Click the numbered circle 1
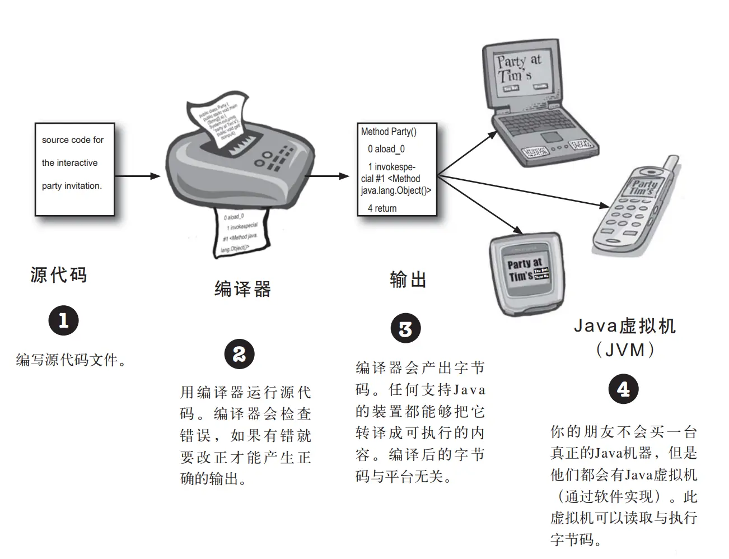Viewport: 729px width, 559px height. click(63, 320)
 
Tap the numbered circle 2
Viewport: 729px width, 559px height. click(239, 354)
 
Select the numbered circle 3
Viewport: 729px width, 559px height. click(405, 329)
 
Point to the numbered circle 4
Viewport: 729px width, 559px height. click(623, 389)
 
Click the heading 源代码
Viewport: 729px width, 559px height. click(59, 275)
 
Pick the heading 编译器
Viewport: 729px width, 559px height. click(242, 289)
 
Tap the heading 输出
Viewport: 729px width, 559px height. click(408, 279)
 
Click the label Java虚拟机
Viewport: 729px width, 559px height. click(625, 325)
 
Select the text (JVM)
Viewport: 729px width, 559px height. click(625, 350)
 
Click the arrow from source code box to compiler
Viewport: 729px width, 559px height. click(138, 176)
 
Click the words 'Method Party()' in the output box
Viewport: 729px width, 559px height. click(389, 132)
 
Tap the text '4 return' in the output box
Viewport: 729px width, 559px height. click(382, 208)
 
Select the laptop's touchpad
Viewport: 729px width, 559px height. click(552, 137)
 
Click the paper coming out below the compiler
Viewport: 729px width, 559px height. click(240, 231)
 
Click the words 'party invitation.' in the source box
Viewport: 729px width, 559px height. click(72, 186)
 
